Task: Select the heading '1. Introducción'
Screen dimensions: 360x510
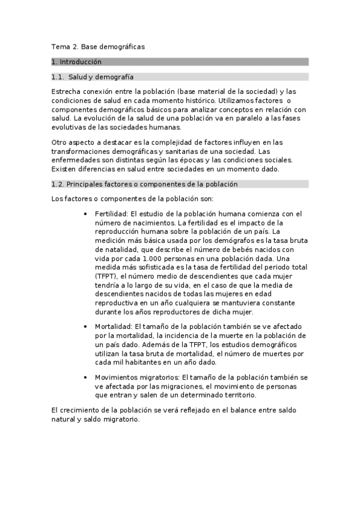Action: point(76,62)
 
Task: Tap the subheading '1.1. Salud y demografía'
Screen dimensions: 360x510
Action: point(93,77)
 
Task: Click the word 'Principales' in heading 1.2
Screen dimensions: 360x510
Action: point(85,184)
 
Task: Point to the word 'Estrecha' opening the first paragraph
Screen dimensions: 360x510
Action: point(66,91)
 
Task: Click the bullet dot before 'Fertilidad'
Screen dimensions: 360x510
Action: point(87,214)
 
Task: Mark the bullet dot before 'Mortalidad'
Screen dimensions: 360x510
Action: point(87,327)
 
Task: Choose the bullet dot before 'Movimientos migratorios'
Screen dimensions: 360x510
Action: point(87,377)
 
